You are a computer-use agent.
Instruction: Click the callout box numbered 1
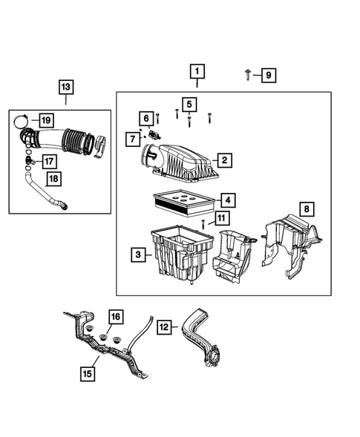click(197, 72)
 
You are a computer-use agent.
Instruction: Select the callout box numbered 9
click(267, 74)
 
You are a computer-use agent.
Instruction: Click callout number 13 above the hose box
click(65, 88)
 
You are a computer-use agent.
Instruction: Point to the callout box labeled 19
click(45, 120)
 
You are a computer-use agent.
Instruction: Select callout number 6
click(147, 118)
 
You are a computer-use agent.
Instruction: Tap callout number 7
click(133, 139)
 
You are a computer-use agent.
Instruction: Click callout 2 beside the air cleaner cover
click(222, 160)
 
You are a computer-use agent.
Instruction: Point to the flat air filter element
click(181, 200)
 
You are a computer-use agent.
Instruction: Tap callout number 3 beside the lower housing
click(138, 255)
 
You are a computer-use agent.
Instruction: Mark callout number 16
click(115, 318)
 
